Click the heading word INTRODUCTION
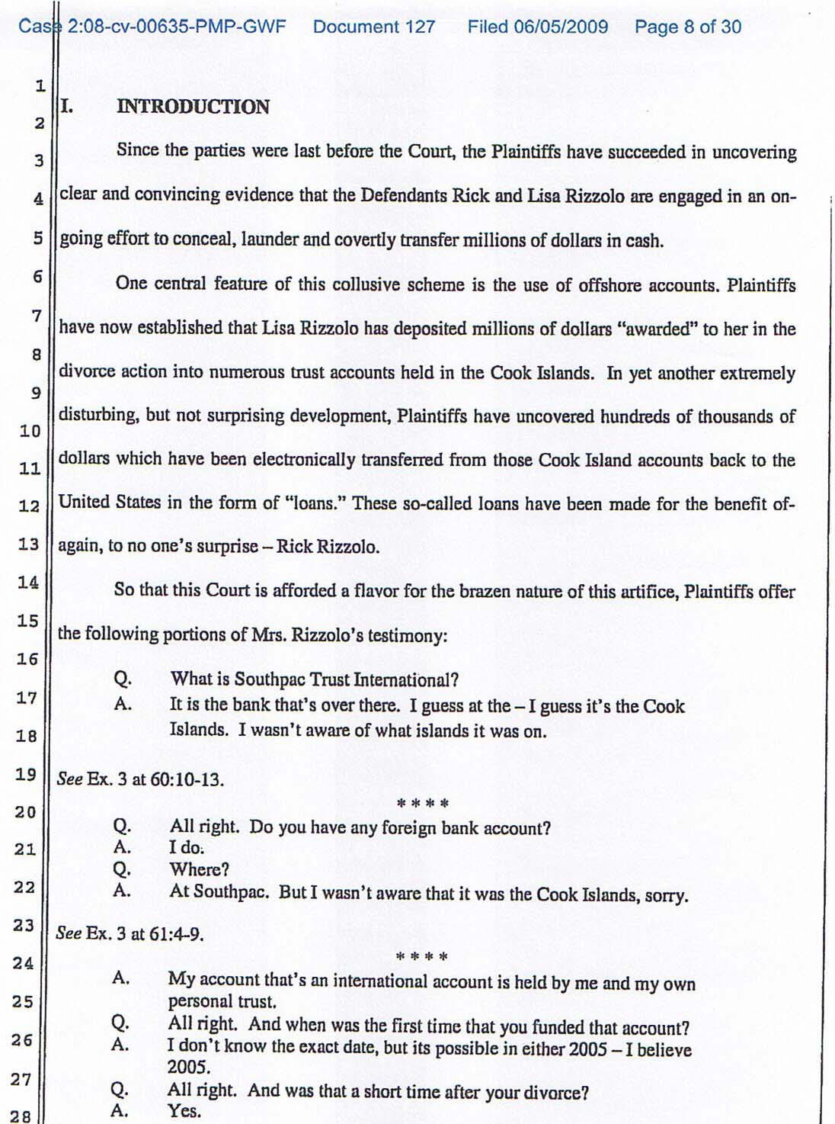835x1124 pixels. (x=193, y=107)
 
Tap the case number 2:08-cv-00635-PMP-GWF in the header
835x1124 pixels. (x=177, y=27)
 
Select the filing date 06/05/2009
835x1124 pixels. (x=561, y=27)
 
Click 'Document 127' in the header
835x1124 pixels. (x=374, y=27)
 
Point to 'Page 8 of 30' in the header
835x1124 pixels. (x=688, y=27)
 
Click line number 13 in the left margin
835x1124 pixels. (x=28, y=544)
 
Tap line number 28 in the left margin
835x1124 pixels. (x=21, y=1116)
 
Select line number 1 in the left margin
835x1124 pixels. (x=40, y=85)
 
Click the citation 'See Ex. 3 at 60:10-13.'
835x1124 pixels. (x=140, y=780)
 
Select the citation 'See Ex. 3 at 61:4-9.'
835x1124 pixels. (x=130, y=934)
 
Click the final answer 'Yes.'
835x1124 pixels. (x=184, y=1111)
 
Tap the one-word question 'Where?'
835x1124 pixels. (x=199, y=869)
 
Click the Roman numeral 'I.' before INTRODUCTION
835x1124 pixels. (x=67, y=107)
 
